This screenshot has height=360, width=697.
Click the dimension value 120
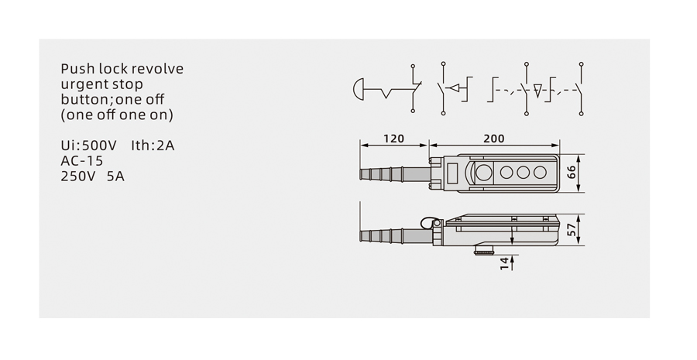(x=394, y=139)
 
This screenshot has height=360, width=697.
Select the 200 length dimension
(x=494, y=139)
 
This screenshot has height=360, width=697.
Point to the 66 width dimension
(x=572, y=172)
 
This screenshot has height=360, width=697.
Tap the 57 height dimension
(x=572, y=229)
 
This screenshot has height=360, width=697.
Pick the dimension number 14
(x=504, y=263)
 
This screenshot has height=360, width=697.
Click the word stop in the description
(x=128, y=85)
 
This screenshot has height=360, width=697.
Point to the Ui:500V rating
(x=88, y=146)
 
